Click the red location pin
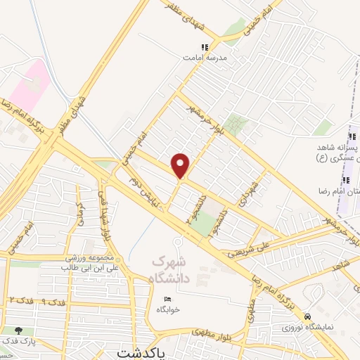[181, 165]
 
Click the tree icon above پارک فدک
[18, 330]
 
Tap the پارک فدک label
[18, 342]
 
